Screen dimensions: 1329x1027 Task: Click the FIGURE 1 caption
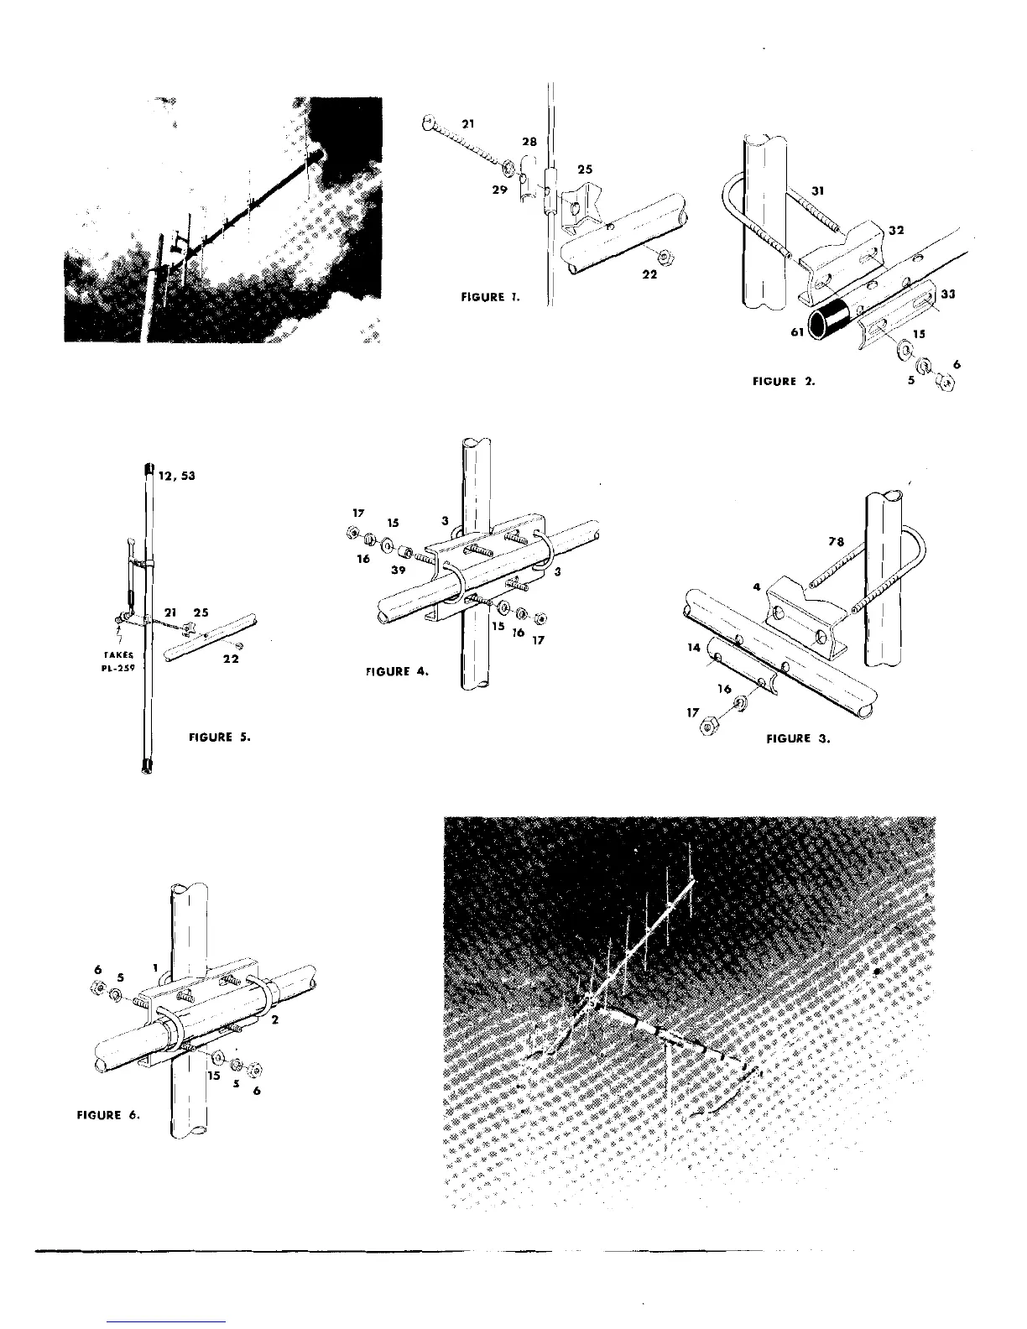(x=491, y=297)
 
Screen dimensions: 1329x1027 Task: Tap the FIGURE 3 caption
(x=798, y=739)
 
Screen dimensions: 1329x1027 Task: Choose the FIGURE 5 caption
(x=220, y=737)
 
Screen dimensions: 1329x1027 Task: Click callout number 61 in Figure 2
(x=798, y=332)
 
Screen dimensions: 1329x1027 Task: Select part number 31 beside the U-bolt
(x=820, y=191)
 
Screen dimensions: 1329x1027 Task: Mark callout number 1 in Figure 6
(x=156, y=968)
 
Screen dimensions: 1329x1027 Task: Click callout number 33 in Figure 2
(x=949, y=294)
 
